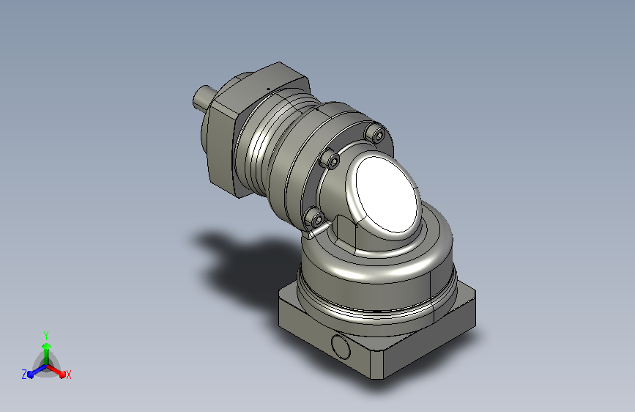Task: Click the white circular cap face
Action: (x=387, y=195)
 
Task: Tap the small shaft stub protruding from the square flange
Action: (x=201, y=97)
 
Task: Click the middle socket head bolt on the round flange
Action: (x=330, y=160)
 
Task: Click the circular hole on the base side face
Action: (x=341, y=347)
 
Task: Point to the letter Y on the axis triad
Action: (x=46, y=336)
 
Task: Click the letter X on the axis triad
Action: (x=68, y=375)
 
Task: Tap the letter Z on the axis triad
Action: (x=24, y=375)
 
